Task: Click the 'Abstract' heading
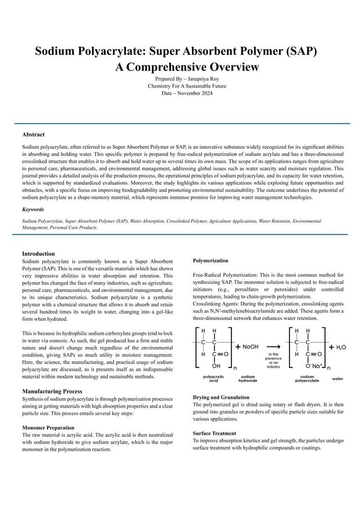(33, 135)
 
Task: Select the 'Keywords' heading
(35, 209)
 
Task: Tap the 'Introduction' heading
(38, 253)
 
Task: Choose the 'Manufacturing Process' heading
(52, 391)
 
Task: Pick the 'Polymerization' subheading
(210, 261)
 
